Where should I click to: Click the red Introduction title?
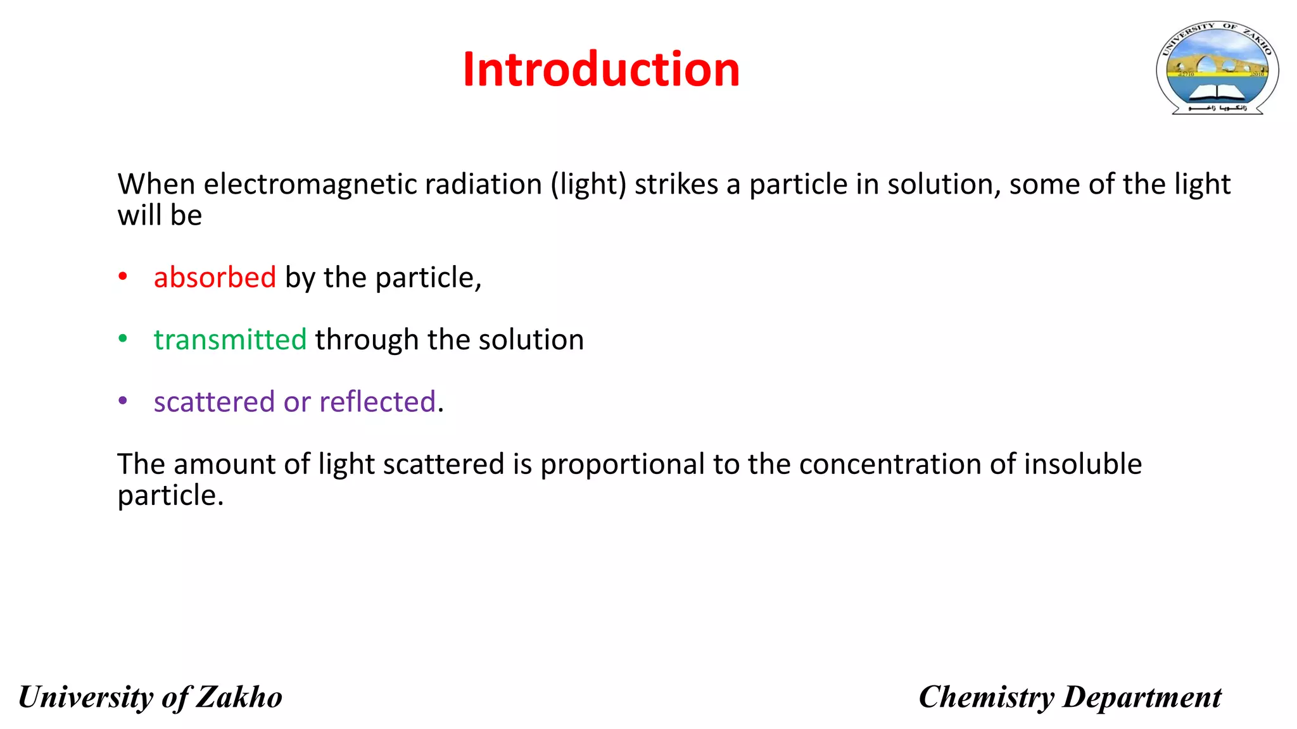coord(601,69)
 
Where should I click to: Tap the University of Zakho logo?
coord(1217,68)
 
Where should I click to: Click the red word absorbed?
coord(215,277)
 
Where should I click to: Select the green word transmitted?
coord(230,339)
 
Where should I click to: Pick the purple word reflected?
coord(377,402)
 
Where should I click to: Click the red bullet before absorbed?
coord(123,277)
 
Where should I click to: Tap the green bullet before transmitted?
coord(123,339)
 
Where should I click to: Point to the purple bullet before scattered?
coord(123,401)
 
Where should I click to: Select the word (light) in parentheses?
coord(588,184)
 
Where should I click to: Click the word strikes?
coord(676,184)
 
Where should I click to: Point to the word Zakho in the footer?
coord(239,697)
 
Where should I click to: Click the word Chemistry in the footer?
coord(986,697)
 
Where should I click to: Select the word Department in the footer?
coord(1142,697)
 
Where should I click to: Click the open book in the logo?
coord(1217,93)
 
